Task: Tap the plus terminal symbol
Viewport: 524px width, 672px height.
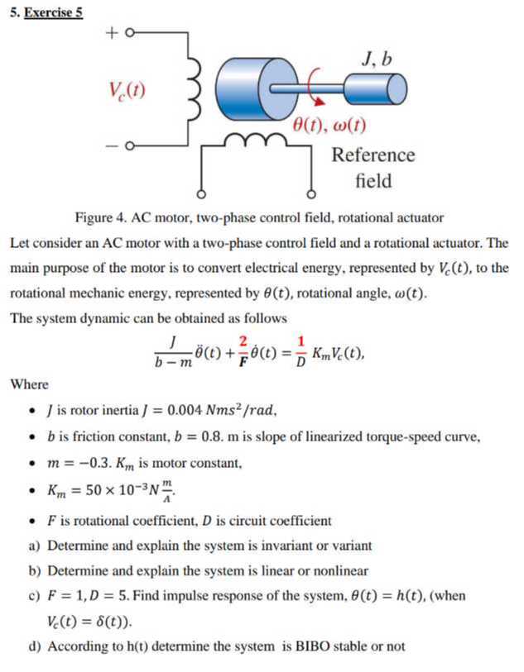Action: click(x=112, y=34)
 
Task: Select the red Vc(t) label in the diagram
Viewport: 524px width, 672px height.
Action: click(x=127, y=88)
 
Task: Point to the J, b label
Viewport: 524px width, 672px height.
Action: click(x=377, y=59)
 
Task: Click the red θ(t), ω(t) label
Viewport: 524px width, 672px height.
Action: click(x=330, y=126)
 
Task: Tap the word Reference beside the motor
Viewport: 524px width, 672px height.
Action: click(x=373, y=155)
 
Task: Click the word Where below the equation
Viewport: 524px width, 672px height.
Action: click(x=30, y=384)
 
